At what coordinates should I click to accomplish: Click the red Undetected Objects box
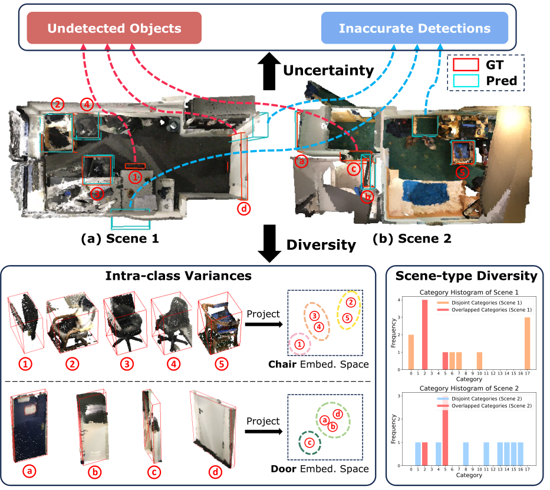click(114, 28)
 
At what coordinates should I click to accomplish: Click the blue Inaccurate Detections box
click(414, 28)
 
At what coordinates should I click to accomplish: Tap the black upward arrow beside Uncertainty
click(269, 71)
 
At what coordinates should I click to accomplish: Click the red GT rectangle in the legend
click(466, 65)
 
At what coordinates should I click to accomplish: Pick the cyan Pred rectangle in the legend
click(466, 81)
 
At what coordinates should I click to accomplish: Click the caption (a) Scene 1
click(120, 239)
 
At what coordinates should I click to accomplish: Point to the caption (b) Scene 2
click(412, 239)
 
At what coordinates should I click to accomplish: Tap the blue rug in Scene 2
click(426, 192)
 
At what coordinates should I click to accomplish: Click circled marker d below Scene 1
click(244, 209)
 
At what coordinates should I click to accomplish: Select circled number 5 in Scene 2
click(462, 172)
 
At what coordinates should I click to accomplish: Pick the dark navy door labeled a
click(29, 427)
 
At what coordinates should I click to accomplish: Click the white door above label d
click(213, 428)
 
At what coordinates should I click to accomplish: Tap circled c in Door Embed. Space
click(309, 443)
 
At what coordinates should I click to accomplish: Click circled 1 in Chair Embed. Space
click(299, 344)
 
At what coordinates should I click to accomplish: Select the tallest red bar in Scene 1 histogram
click(424, 335)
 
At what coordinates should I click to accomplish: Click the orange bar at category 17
click(527, 343)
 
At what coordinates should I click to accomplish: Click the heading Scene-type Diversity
click(466, 276)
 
